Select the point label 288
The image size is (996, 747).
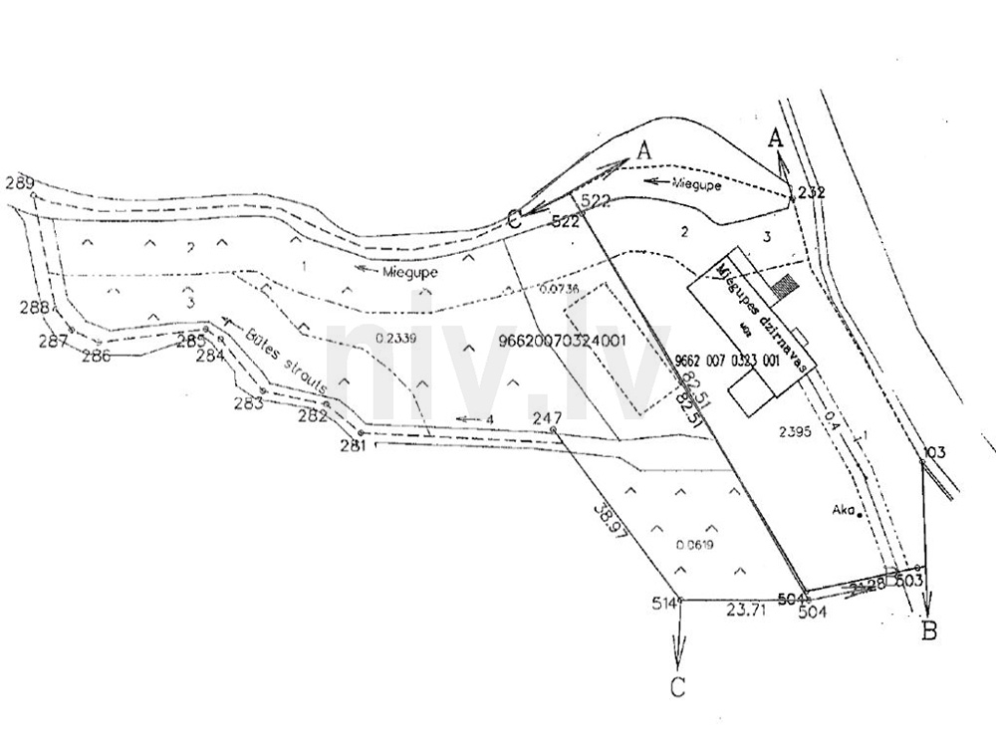[34, 308]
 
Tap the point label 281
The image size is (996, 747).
[354, 446]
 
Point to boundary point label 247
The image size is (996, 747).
[548, 417]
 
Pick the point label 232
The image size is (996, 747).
[812, 193]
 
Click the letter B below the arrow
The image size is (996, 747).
[929, 629]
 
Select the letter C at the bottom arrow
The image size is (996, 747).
[677, 686]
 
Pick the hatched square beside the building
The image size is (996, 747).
[788, 284]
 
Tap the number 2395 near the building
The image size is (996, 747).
[796, 430]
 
